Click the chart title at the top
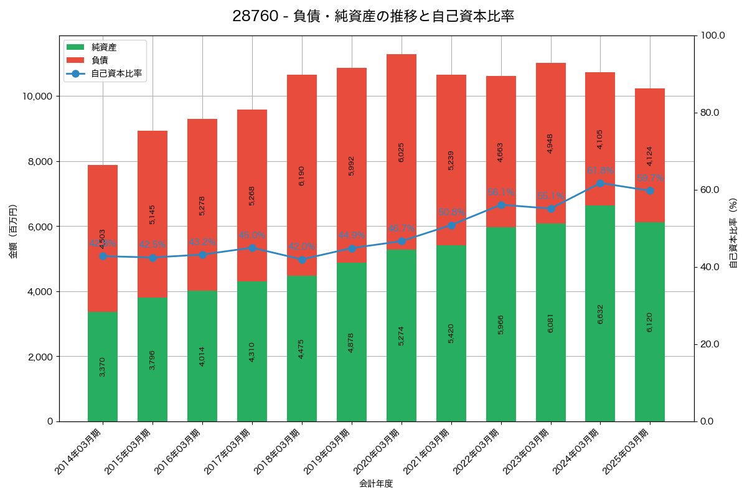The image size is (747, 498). coord(373,16)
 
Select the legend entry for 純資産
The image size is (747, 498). coord(103,47)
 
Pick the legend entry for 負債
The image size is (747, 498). coord(100,60)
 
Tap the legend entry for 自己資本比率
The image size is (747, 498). coord(116,73)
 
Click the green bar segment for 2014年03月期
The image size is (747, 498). coord(103,367)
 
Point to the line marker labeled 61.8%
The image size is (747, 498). coord(600,183)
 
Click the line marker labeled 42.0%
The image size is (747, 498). coord(302,260)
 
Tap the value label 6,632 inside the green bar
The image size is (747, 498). coord(600,313)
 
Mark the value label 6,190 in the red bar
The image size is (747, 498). coord(302,176)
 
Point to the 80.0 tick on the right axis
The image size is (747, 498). coord(709,113)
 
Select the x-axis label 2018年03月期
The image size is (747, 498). coord(280,451)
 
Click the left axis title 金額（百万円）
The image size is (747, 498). coord(12,232)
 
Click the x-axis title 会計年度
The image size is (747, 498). coord(376,484)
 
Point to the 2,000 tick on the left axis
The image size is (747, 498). coord(39,357)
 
